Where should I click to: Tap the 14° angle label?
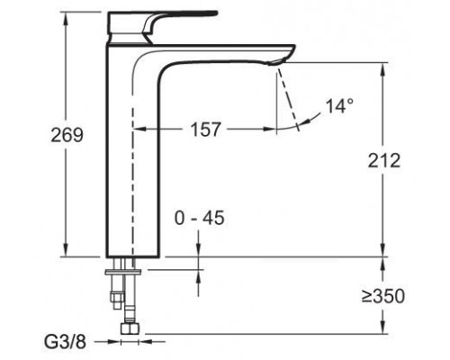[x=338, y=106]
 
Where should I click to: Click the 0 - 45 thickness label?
[x=200, y=219]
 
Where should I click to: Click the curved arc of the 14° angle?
[x=310, y=123]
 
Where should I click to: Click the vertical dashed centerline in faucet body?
[x=134, y=180]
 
